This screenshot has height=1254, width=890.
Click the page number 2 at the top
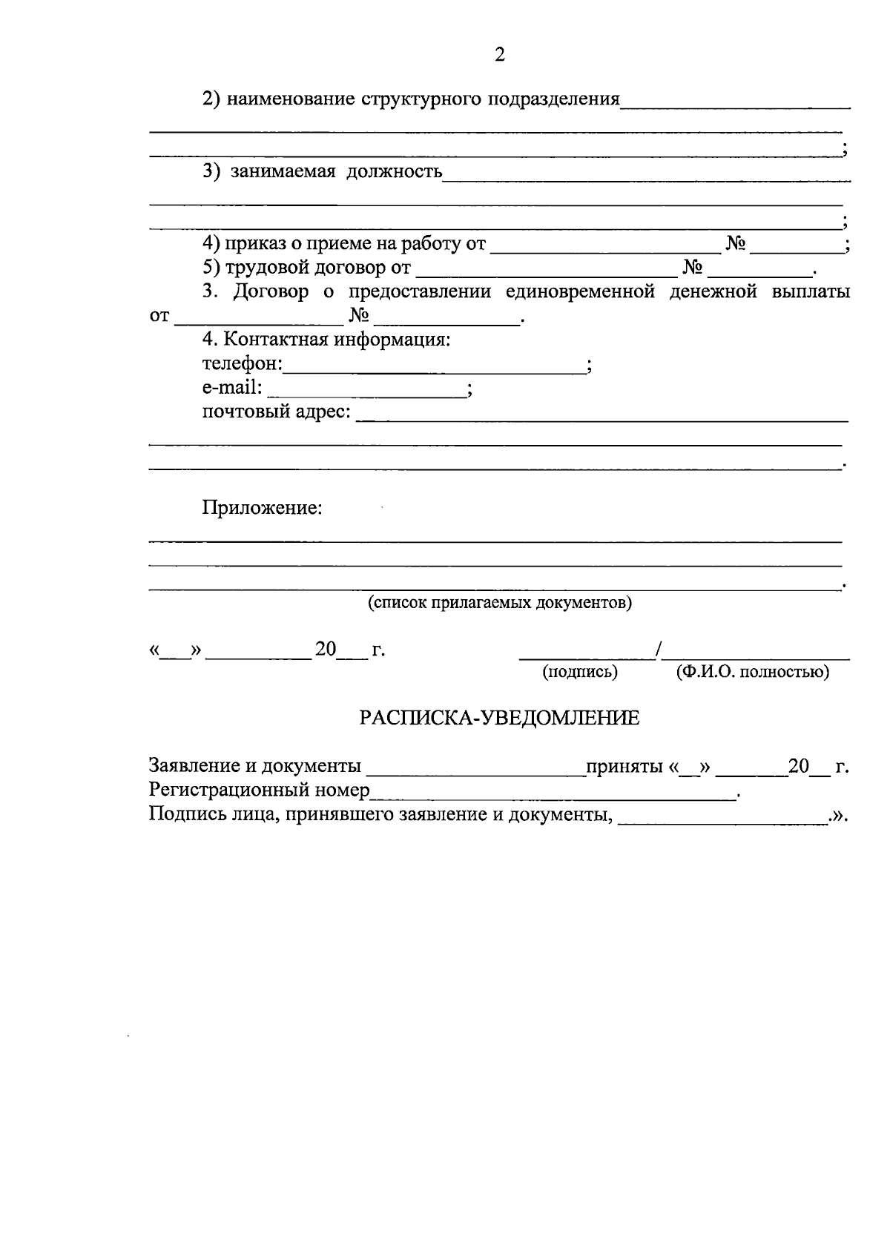pos(499,54)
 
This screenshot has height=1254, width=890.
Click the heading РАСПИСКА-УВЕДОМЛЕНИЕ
pos(499,718)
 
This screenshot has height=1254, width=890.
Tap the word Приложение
pos(262,508)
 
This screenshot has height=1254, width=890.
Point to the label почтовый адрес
pos(276,412)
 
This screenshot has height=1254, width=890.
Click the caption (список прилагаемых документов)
pos(500,602)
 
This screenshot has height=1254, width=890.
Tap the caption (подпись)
pos(580,672)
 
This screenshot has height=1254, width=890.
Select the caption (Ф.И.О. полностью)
pos(752,672)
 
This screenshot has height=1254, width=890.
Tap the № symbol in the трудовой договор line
pos(692,267)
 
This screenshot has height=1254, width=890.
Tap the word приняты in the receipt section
pos(624,766)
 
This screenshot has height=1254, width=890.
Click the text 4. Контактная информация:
pos(326,340)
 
